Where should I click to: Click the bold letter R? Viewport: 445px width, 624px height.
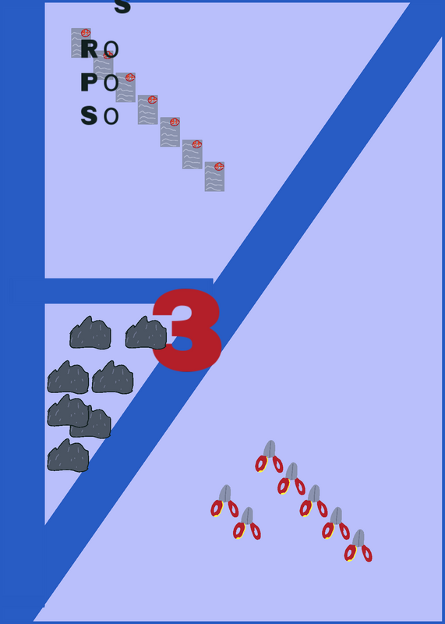[89, 49]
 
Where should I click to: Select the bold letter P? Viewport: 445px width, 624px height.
[89, 83]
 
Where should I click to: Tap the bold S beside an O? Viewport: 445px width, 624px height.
[89, 115]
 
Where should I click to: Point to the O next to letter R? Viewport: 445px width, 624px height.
[111, 49]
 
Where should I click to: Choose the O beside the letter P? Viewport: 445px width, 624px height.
[111, 83]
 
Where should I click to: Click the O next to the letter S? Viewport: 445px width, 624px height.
[111, 116]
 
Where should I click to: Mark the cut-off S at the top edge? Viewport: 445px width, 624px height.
[122, 7]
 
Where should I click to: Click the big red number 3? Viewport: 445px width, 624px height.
[187, 330]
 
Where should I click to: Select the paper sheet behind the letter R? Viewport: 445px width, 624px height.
[81, 43]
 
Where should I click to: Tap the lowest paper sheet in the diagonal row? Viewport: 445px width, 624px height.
[215, 176]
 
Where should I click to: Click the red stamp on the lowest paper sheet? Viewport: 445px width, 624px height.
[219, 166]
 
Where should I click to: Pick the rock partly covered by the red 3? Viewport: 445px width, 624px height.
[146, 333]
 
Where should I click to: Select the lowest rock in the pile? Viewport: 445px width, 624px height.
[68, 456]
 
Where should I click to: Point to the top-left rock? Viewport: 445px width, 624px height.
[90, 333]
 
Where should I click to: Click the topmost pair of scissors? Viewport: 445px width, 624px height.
[269, 456]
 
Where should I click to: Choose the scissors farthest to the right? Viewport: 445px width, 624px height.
[358, 545]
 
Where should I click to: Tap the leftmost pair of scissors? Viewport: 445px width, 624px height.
[224, 501]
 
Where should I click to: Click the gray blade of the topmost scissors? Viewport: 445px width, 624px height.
[269, 449]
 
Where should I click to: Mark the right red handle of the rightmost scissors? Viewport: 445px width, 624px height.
[366, 554]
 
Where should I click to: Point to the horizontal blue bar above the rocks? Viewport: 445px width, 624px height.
[129, 291]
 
